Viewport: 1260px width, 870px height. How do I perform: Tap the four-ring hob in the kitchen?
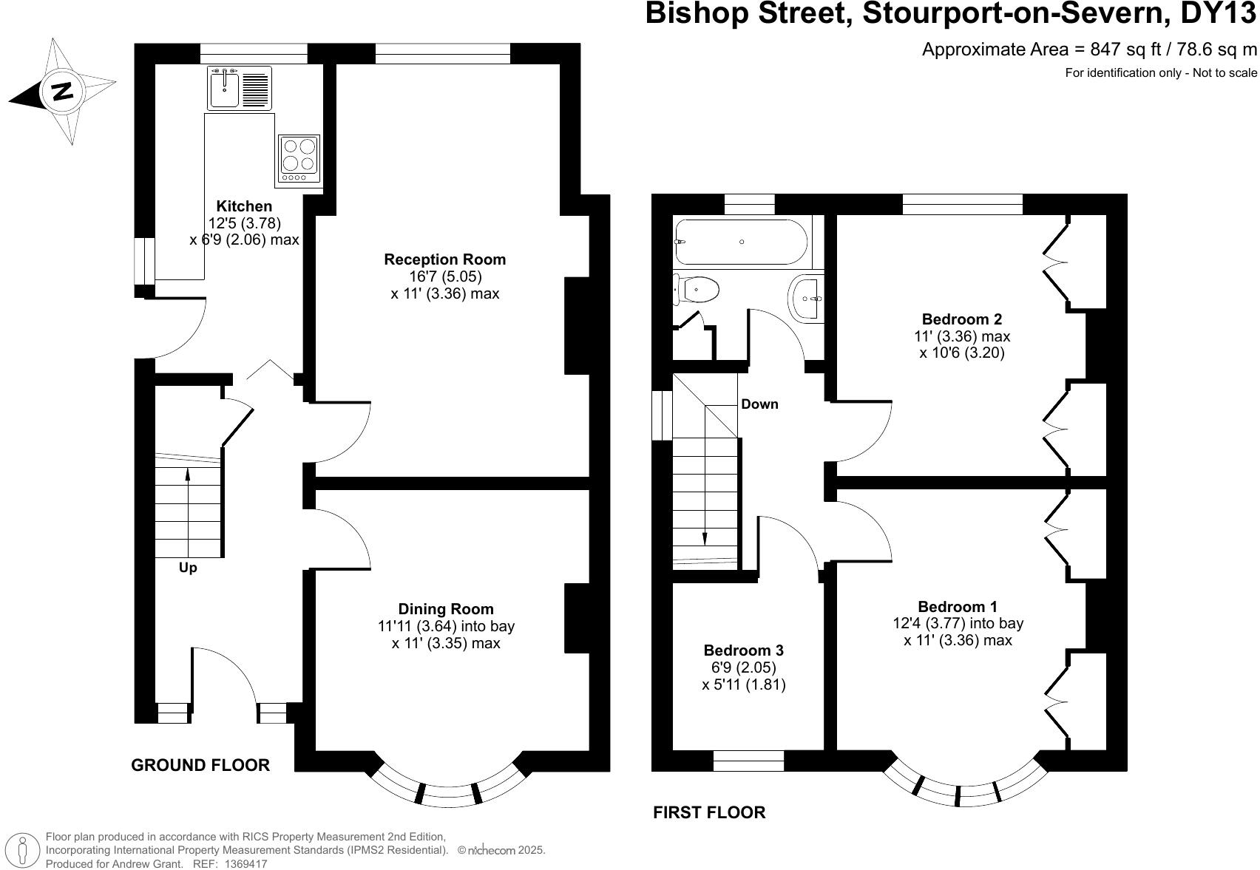click(x=299, y=159)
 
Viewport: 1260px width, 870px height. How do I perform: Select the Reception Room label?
click(x=444, y=259)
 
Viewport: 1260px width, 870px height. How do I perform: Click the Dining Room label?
click(x=445, y=609)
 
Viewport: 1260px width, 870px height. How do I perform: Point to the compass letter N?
click(x=62, y=92)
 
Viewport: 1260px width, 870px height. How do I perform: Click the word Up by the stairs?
click(x=188, y=568)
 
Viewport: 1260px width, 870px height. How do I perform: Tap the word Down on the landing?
click(x=759, y=404)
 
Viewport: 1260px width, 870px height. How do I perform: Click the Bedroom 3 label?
click(x=743, y=650)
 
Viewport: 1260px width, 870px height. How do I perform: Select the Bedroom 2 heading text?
click(x=961, y=319)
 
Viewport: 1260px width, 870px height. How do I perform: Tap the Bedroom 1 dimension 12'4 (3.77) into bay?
click(x=958, y=623)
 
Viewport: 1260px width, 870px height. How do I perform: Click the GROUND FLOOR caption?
click(x=200, y=765)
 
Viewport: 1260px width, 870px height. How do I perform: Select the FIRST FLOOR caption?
click(x=708, y=812)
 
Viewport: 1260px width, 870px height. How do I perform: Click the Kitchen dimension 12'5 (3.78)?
click(x=244, y=222)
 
